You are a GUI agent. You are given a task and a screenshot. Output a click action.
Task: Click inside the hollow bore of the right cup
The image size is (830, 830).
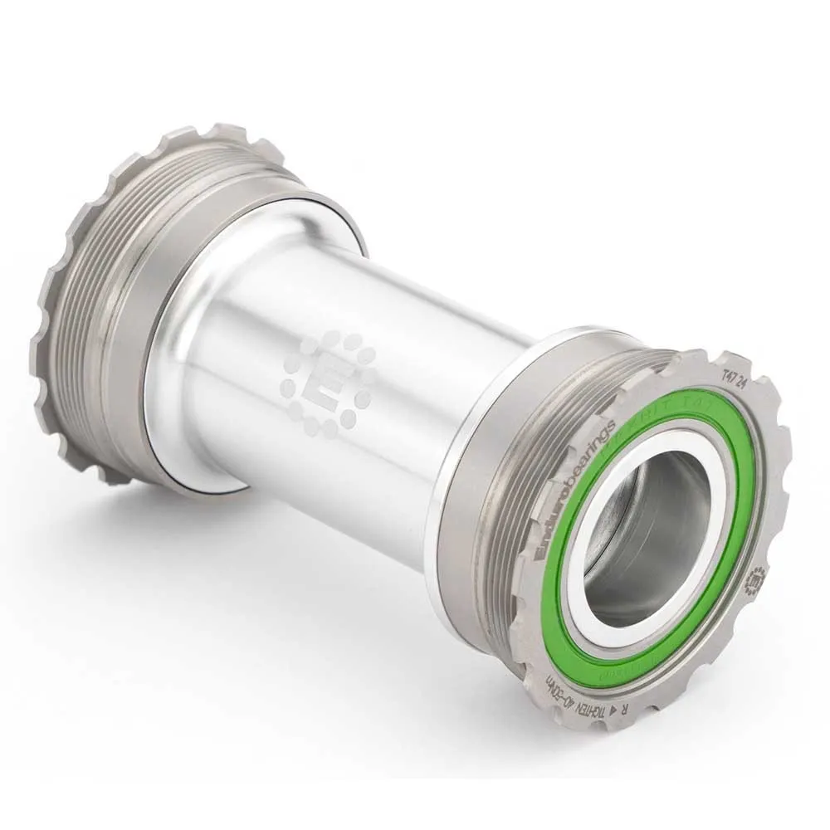pyautogui.click(x=647, y=539)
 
